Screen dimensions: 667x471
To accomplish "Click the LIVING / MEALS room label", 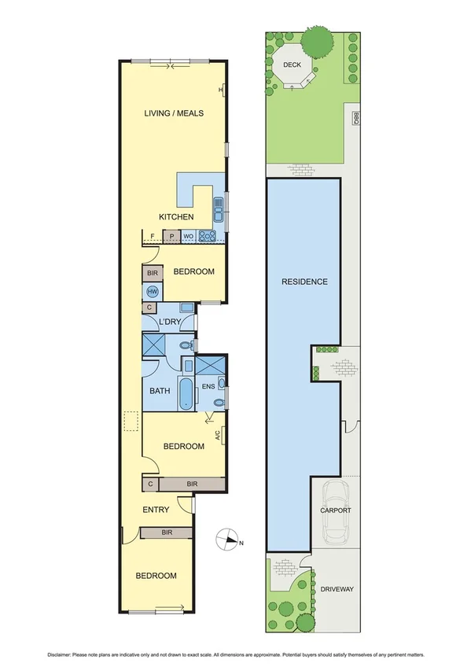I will coord(174,113).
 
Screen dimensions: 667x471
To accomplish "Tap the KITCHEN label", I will coord(176,216).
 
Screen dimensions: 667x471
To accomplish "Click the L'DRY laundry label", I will coord(169,322).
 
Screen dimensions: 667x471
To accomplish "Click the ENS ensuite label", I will coord(208,387).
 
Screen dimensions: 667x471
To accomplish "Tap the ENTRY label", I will coord(156,510).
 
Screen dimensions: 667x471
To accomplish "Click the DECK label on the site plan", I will coord(293,67).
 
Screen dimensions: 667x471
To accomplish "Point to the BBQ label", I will coord(355,118).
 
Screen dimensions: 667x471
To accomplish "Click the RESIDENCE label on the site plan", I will coord(304,282).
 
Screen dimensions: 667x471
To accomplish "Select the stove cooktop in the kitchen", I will coord(208,235).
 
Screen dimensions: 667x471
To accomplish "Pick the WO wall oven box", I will coord(189,235).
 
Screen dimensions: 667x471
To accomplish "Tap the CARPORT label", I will coord(335,510).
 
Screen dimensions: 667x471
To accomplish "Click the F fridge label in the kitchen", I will coord(153,235).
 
